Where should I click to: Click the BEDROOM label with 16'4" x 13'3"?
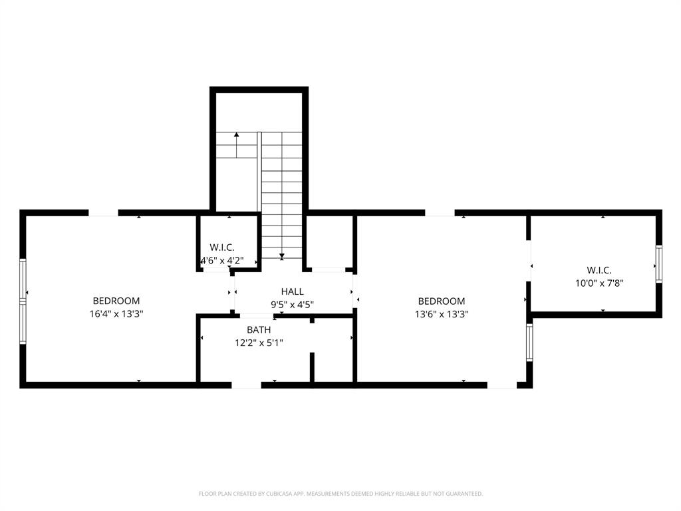click(x=116, y=301)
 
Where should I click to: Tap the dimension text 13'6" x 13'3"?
click(x=442, y=314)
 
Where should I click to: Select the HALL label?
click(x=292, y=291)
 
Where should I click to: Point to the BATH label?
click(x=259, y=329)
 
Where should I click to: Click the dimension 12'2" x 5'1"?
click(x=259, y=343)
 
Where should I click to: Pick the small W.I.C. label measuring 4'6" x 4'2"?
click(x=222, y=248)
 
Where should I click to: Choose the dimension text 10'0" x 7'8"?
click(x=599, y=283)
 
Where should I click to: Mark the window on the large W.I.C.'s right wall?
click(x=658, y=263)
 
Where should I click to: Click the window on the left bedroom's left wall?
click(x=23, y=301)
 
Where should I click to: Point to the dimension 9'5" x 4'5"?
click(x=292, y=305)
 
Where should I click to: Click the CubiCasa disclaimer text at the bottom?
click(x=340, y=494)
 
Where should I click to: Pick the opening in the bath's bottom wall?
click(x=246, y=385)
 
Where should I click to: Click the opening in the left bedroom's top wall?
click(x=103, y=213)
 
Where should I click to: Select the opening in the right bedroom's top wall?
click(x=440, y=213)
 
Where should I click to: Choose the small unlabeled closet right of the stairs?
click(x=329, y=241)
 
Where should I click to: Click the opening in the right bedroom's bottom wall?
click(x=501, y=385)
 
